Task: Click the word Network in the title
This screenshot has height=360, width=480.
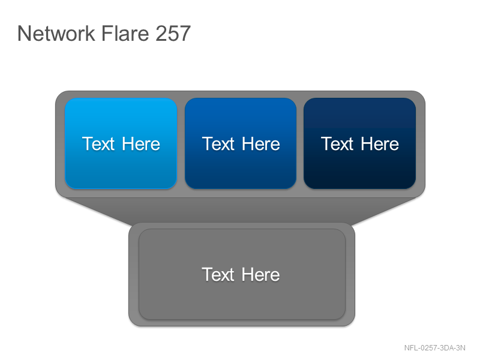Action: tap(56, 33)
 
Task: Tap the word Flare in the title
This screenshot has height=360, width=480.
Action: tap(125, 33)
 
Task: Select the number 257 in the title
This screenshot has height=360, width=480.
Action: tap(173, 34)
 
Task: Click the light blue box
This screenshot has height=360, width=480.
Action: tap(121, 143)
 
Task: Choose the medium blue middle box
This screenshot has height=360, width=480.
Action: tap(241, 143)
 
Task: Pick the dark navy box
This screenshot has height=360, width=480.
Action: tap(359, 143)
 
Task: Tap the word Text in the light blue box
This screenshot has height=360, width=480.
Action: tap(98, 144)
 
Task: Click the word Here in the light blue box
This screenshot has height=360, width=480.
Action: tap(141, 144)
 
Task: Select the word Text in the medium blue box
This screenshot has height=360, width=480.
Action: tap(218, 144)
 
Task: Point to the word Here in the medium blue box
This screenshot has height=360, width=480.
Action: tap(261, 144)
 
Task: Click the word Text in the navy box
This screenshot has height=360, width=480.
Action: tap(337, 144)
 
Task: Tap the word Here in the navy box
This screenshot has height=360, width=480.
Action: tap(380, 144)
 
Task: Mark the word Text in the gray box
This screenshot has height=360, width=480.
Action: tap(218, 274)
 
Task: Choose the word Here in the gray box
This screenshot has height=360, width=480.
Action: tap(260, 274)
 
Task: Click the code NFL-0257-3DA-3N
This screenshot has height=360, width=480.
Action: tap(434, 348)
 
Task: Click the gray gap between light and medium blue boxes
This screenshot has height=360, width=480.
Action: tap(181, 143)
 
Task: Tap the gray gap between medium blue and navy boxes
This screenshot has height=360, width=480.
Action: tap(300, 143)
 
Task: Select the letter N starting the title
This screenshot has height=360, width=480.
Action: tap(23, 34)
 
